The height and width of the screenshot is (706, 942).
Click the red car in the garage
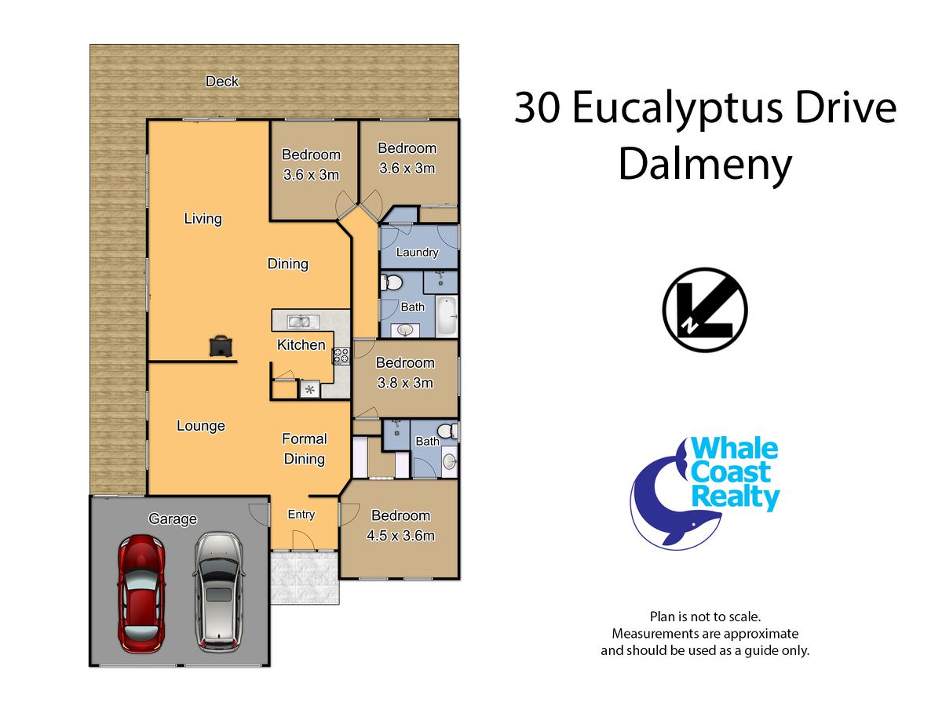(x=141, y=593)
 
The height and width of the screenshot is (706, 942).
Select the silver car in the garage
(x=219, y=591)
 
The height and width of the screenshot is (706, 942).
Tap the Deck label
(x=222, y=81)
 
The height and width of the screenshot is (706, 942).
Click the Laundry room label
(x=417, y=253)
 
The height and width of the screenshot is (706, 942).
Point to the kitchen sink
(x=303, y=321)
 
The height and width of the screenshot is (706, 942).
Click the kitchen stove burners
(x=342, y=356)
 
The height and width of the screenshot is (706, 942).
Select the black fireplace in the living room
(x=221, y=346)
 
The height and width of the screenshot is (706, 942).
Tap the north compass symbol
(x=705, y=310)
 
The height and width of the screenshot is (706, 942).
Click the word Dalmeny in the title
(x=705, y=166)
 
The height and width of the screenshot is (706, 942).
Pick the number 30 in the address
(x=537, y=108)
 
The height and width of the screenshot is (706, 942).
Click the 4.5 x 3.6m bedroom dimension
(x=401, y=536)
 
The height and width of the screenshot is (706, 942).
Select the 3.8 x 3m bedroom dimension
(x=405, y=382)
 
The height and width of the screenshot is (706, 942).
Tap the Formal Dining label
(x=305, y=449)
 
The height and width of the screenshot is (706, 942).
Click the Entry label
(x=301, y=515)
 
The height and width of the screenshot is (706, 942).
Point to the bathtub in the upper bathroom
(x=447, y=316)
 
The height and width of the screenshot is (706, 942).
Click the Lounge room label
(x=201, y=426)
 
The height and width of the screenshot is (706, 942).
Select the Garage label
(x=173, y=519)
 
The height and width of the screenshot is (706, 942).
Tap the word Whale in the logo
(x=734, y=449)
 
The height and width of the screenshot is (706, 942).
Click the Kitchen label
(x=301, y=344)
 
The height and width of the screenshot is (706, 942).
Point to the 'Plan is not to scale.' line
(x=705, y=617)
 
